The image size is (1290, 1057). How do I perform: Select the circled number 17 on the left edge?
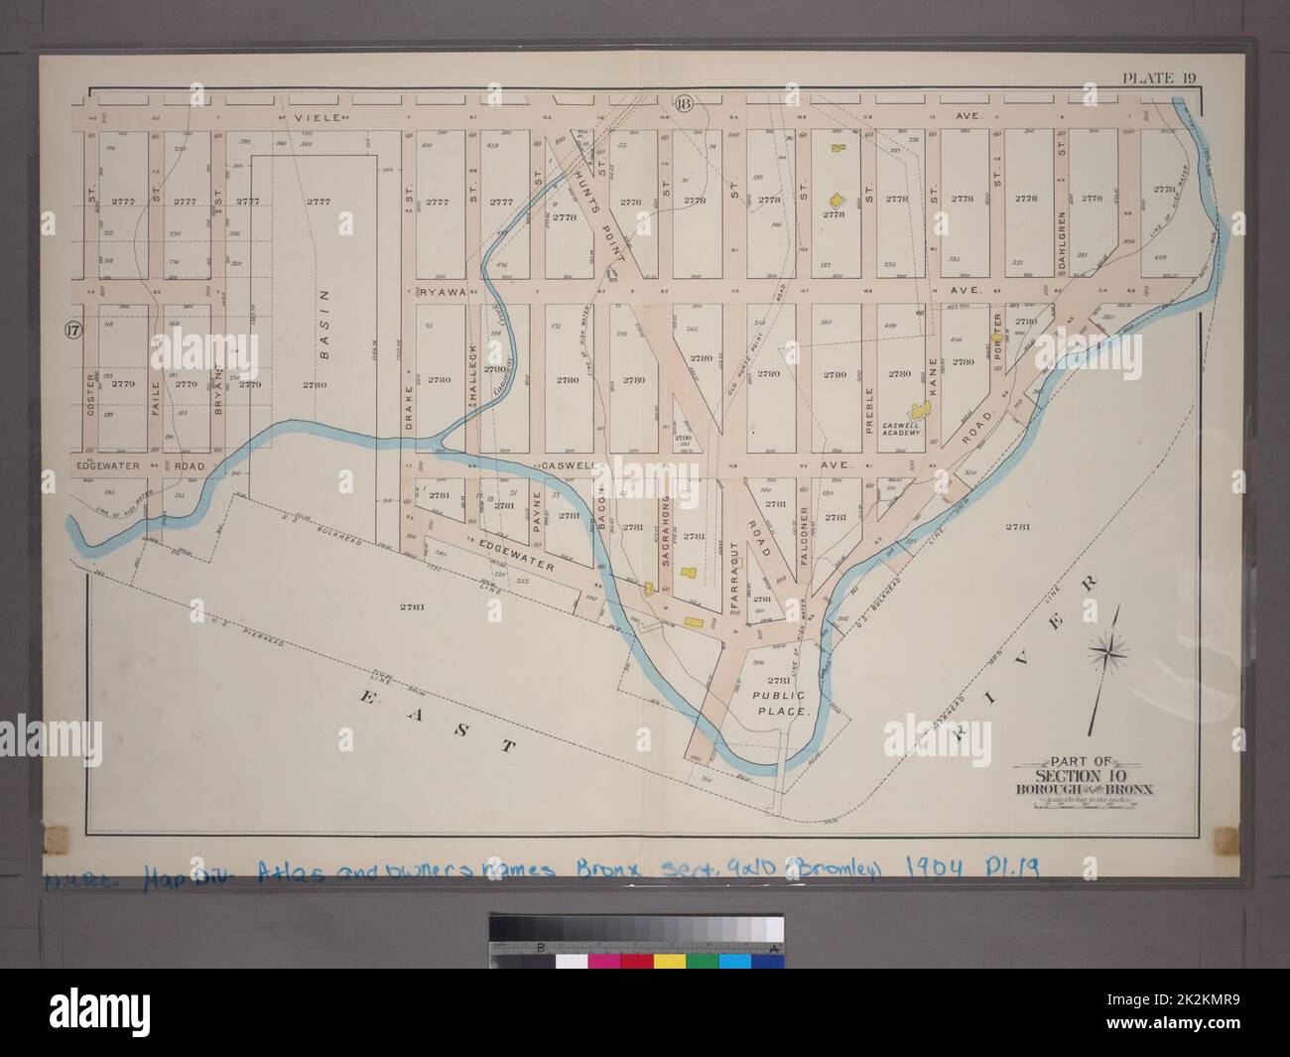pyautogui.click(x=71, y=330)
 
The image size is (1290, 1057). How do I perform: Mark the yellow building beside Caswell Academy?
pyautogui.click(x=921, y=409)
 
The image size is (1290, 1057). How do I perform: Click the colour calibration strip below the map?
pyautogui.click(x=635, y=940)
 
